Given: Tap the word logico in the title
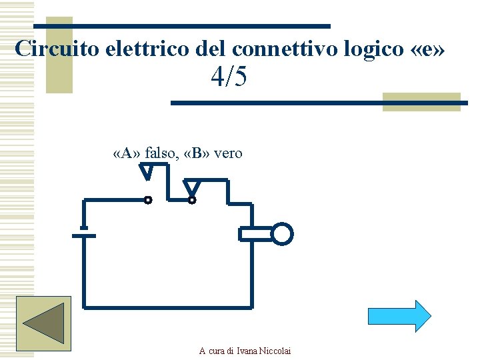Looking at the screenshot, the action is click(365, 49).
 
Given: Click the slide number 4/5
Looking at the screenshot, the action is click(229, 78).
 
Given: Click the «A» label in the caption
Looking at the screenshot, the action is click(127, 153).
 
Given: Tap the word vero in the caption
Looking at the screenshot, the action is click(228, 153).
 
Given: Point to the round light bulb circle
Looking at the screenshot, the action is click(283, 234).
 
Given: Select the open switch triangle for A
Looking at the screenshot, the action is click(147, 173).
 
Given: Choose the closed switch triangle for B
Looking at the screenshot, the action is click(192, 187).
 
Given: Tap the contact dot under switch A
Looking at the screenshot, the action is click(148, 199).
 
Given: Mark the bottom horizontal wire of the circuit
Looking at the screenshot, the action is click(167, 307).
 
